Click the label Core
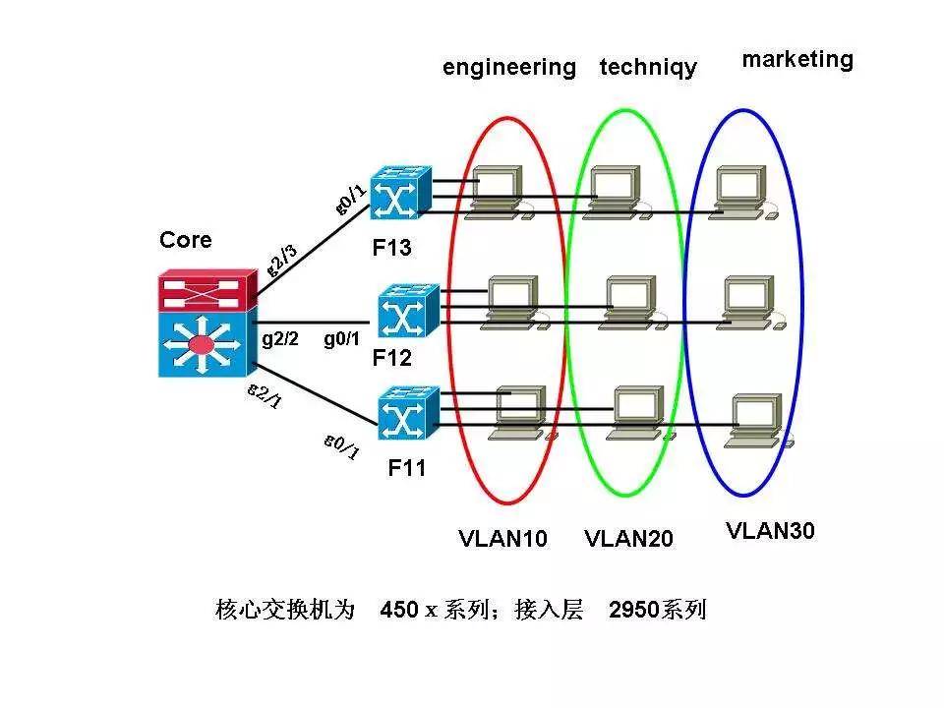[x=185, y=240]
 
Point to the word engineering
[x=508, y=68]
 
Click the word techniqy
[x=648, y=68]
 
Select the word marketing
[x=797, y=59]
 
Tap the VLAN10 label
[x=502, y=539]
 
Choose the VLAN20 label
[x=628, y=539]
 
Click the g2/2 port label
[x=280, y=339]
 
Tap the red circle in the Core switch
[x=202, y=344]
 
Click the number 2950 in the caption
[x=635, y=610]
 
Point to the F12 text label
[x=391, y=359]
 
